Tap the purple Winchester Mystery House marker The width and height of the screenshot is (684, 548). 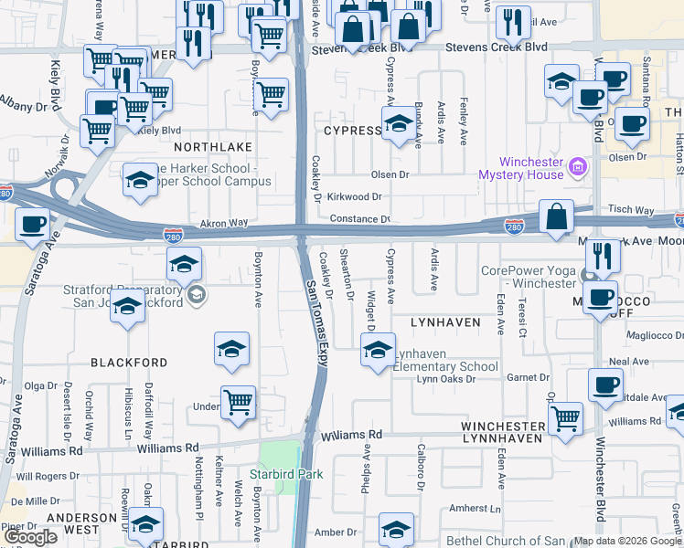click(x=576, y=167)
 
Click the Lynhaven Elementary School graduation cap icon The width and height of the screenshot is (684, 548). click(x=378, y=350)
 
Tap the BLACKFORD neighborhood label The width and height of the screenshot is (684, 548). click(x=129, y=363)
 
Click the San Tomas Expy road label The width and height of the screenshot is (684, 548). click(x=316, y=321)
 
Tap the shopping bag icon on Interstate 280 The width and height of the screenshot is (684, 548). click(x=556, y=217)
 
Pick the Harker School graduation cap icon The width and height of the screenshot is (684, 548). click(x=140, y=178)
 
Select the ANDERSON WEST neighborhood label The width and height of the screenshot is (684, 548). click(x=85, y=522)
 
